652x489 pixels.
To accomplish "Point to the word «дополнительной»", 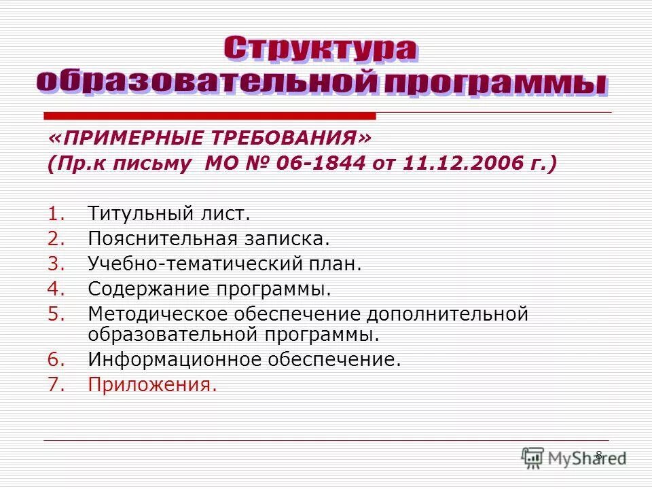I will pyautogui.click(x=448, y=314).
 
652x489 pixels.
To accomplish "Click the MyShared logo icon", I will pyautogui.click(x=533, y=456).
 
